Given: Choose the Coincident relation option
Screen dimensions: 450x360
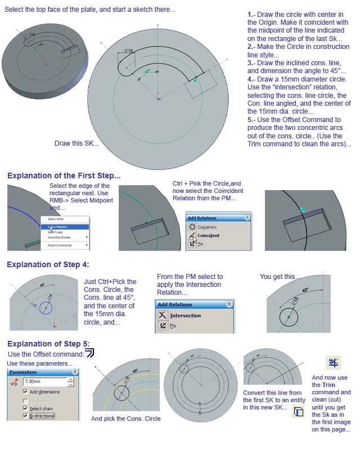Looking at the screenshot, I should point(208,236).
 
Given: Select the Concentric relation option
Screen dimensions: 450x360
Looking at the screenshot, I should point(207,227).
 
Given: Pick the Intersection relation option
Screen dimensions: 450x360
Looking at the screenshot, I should point(185,316).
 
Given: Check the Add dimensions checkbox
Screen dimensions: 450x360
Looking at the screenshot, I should point(26,391).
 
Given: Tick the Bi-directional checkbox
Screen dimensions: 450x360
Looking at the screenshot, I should point(26,416).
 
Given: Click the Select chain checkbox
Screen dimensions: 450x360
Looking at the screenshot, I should point(26,408).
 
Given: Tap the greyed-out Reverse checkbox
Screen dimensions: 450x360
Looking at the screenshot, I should point(26,400).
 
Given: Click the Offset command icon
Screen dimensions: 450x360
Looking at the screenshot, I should point(89,353).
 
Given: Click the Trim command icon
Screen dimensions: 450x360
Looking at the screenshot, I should point(334,362).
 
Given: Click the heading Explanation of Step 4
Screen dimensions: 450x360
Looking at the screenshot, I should point(48,264).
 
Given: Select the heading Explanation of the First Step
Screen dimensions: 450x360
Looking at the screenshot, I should point(64,175).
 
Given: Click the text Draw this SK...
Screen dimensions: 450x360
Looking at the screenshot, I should point(76,143).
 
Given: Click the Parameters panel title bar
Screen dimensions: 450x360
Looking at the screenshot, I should point(43,372).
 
